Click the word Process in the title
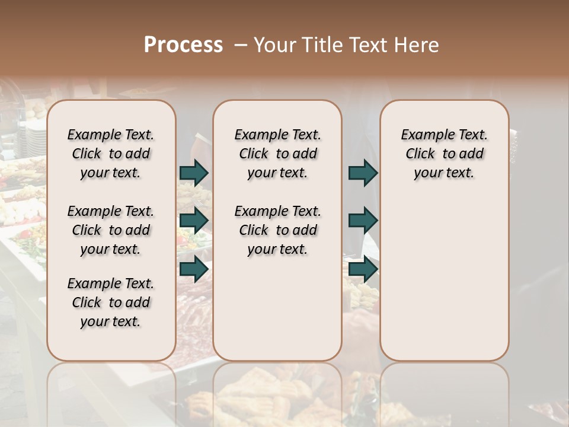183,45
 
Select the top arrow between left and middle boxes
194,173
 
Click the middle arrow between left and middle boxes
194,221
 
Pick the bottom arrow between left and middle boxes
194,269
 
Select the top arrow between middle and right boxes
363,173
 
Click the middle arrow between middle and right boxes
363,221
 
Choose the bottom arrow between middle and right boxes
363,269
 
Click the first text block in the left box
111,154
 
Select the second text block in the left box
111,230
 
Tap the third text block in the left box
111,302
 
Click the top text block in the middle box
277,154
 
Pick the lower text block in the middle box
277,230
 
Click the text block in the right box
444,154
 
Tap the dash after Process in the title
240,45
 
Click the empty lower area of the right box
444,279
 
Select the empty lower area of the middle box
277,308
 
